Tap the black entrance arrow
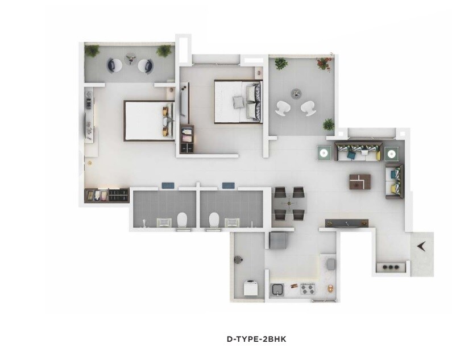pyautogui.click(x=421, y=246)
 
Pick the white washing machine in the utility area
pyautogui.click(x=251, y=288)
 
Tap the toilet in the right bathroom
pyautogui.click(x=214, y=220)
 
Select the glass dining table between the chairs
pyautogui.click(x=290, y=204)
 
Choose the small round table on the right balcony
pyautogui.click(x=295, y=93)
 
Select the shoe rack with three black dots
pyautogui.click(x=391, y=266)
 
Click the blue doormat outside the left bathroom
pyautogui.click(x=167, y=185)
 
